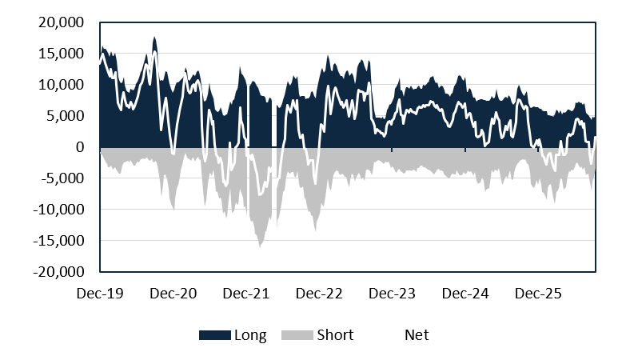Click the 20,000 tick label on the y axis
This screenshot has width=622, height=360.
tap(62, 22)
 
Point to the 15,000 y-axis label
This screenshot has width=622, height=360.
tap(62, 54)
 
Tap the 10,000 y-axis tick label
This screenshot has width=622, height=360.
tap(62, 85)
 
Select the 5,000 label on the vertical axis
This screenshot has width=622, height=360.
tap(65, 116)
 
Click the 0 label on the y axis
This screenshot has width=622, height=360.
tap(80, 147)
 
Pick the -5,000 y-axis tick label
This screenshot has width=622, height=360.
tap(63, 178)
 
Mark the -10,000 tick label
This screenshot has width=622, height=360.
tap(59, 210)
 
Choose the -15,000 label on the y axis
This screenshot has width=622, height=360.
tap(59, 241)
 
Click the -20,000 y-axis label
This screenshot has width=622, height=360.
tap(59, 272)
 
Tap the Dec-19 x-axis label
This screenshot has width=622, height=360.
tap(100, 294)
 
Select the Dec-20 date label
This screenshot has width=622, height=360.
tap(173, 294)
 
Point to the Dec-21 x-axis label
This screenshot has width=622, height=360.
tap(246, 294)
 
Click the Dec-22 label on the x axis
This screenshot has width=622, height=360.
tap(319, 294)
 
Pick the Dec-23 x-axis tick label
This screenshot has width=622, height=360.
tap(393, 294)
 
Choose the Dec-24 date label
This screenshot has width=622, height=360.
tap(465, 294)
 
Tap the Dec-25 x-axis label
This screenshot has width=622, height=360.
tap(538, 294)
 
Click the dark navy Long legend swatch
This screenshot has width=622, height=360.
tap(215, 335)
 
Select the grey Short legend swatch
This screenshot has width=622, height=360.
tap(297, 335)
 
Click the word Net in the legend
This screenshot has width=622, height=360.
tap(417, 335)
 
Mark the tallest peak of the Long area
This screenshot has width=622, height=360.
tap(154, 38)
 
